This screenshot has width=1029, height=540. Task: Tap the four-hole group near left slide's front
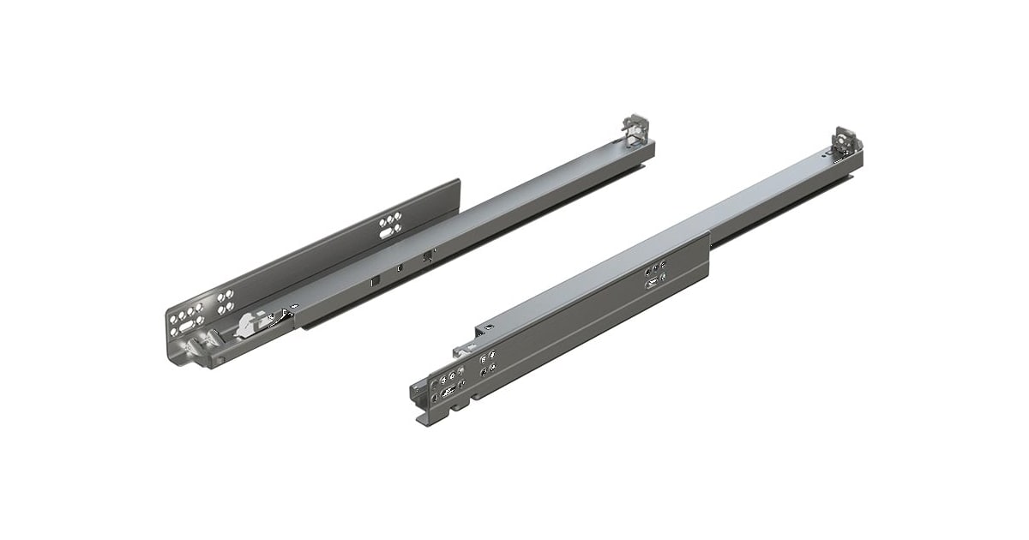click(x=226, y=301)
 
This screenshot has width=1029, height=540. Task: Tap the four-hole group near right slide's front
click(x=486, y=363)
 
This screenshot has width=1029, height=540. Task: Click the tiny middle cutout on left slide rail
click(x=400, y=267)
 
